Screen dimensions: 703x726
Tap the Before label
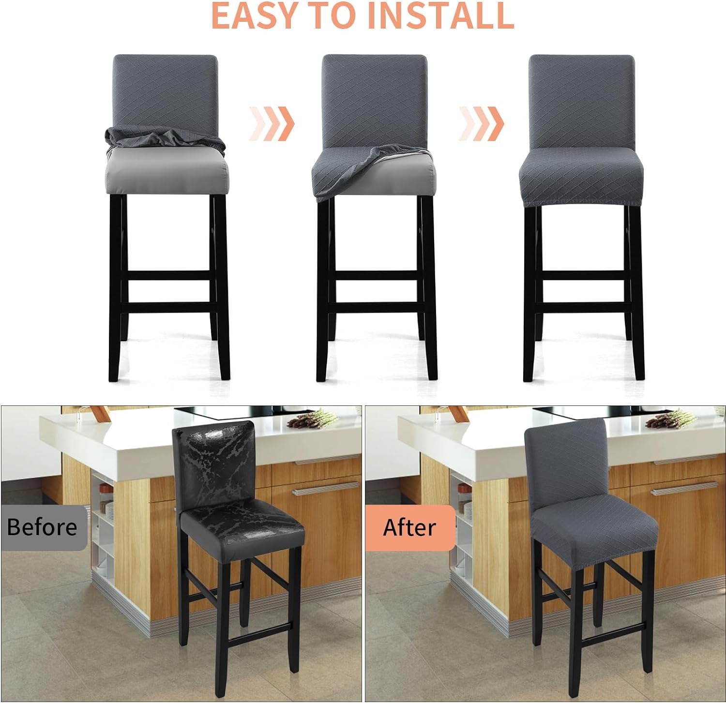click(x=42, y=527)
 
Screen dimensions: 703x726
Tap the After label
click(x=409, y=527)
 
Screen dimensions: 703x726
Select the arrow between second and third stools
click(x=482, y=124)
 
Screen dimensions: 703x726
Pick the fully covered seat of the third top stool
click(x=581, y=179)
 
